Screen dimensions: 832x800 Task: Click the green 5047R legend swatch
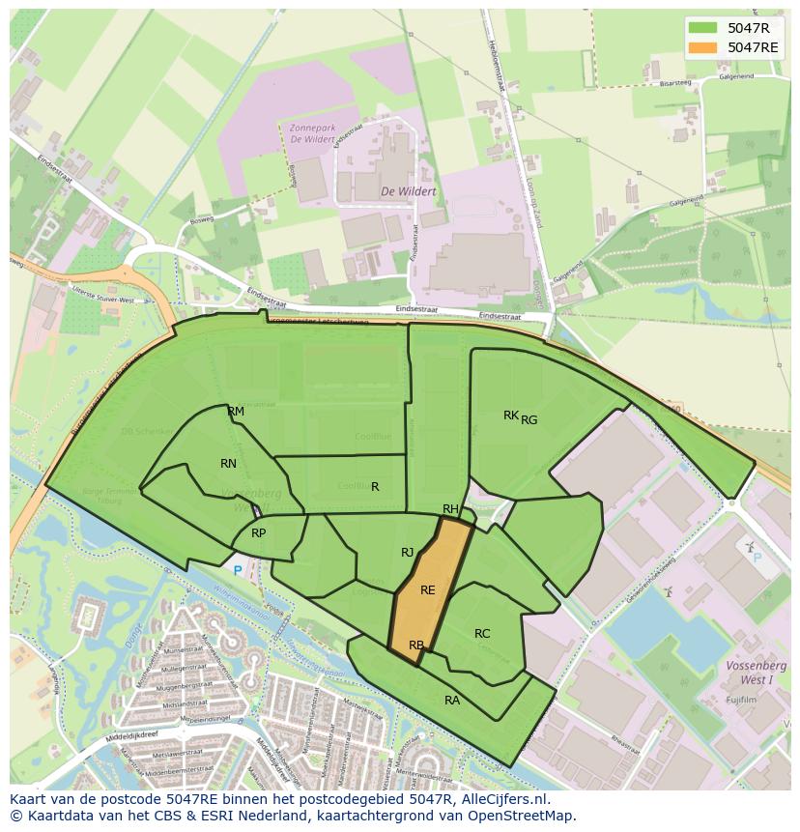[x=702, y=28]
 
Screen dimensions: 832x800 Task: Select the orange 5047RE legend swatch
[x=702, y=47]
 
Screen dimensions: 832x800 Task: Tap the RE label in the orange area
[x=428, y=590]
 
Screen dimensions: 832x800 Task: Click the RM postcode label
[x=236, y=412]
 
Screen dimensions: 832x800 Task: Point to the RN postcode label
[x=228, y=464]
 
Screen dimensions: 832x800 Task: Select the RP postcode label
[x=258, y=533]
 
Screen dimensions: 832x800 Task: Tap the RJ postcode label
[x=408, y=553]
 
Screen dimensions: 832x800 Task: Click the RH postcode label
[x=450, y=509]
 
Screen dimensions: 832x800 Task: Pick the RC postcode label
[x=482, y=634]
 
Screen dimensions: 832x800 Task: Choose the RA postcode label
[x=452, y=701]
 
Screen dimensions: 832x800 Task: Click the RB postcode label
[x=416, y=646]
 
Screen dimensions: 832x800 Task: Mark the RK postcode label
[x=510, y=416]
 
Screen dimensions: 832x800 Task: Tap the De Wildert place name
[x=408, y=191]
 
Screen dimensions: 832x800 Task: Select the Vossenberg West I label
[x=757, y=673]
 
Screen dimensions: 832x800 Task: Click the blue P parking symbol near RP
[x=238, y=571]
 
